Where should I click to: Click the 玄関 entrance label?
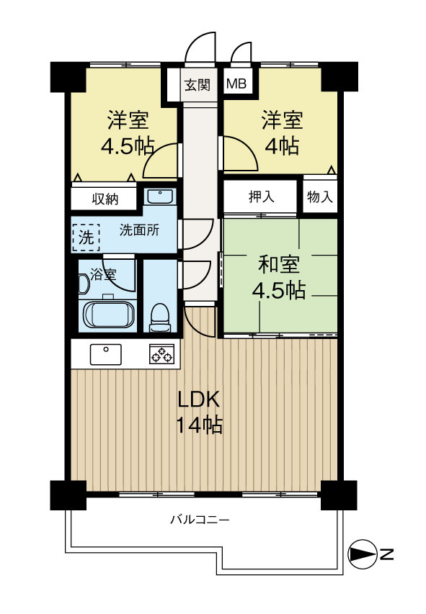click(x=196, y=85)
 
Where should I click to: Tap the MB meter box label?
click(x=236, y=85)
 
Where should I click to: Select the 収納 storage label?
click(x=104, y=199)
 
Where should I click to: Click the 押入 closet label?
click(x=261, y=197)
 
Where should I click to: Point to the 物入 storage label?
click(x=319, y=197)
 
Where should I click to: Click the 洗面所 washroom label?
click(x=138, y=231)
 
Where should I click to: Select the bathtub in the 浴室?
click(x=109, y=315)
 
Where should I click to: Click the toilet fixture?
click(x=159, y=317)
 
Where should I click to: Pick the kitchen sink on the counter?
click(x=106, y=354)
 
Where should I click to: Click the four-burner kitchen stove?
click(x=161, y=354)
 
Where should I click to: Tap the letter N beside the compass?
click(x=386, y=554)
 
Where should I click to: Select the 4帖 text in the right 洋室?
click(x=281, y=145)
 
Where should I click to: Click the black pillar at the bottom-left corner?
click(x=63, y=494)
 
